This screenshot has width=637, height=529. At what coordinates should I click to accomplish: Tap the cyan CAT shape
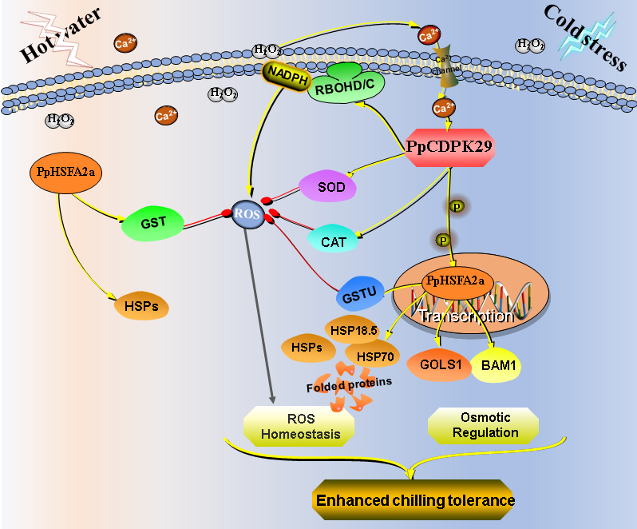point(333,237)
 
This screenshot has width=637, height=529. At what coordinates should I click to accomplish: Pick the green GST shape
point(153,222)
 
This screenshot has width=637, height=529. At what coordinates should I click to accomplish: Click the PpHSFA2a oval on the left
point(66,171)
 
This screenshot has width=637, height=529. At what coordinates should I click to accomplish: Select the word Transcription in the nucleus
point(467,316)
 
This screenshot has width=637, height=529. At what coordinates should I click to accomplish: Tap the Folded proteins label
point(348,383)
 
